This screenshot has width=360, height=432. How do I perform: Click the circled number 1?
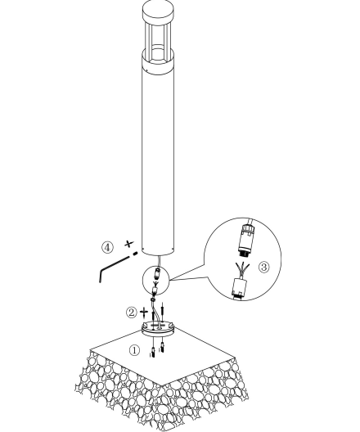[134, 350]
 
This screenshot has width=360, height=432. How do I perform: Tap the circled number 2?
[132, 313]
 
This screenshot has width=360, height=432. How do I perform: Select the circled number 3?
[264, 267]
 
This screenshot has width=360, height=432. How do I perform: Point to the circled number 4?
[107, 247]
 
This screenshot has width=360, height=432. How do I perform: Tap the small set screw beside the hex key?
[135, 254]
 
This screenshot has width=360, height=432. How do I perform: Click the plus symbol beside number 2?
[144, 312]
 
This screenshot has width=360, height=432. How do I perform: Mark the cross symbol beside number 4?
[129, 244]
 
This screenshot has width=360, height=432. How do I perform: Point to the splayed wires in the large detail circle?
[242, 270]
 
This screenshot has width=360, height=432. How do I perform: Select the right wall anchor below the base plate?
[163, 346]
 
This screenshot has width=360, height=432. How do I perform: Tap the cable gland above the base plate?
[153, 299]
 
